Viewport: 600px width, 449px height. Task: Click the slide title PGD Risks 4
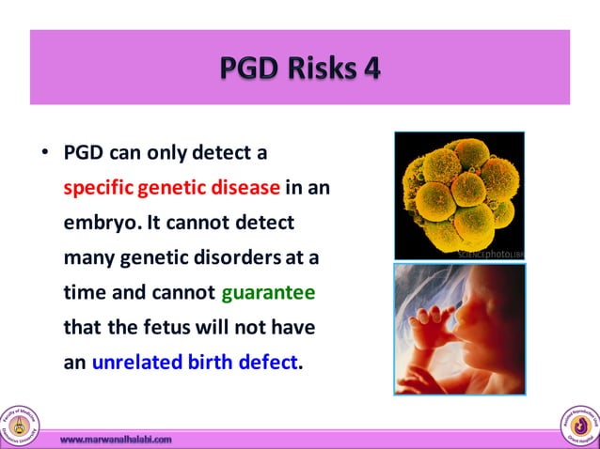click(x=299, y=69)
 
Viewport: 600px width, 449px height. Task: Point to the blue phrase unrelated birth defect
click(x=193, y=363)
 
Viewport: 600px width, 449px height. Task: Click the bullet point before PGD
click(x=44, y=152)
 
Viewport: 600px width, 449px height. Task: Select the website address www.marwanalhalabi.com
click(x=116, y=439)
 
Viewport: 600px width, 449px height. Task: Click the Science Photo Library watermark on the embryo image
click(x=489, y=254)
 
